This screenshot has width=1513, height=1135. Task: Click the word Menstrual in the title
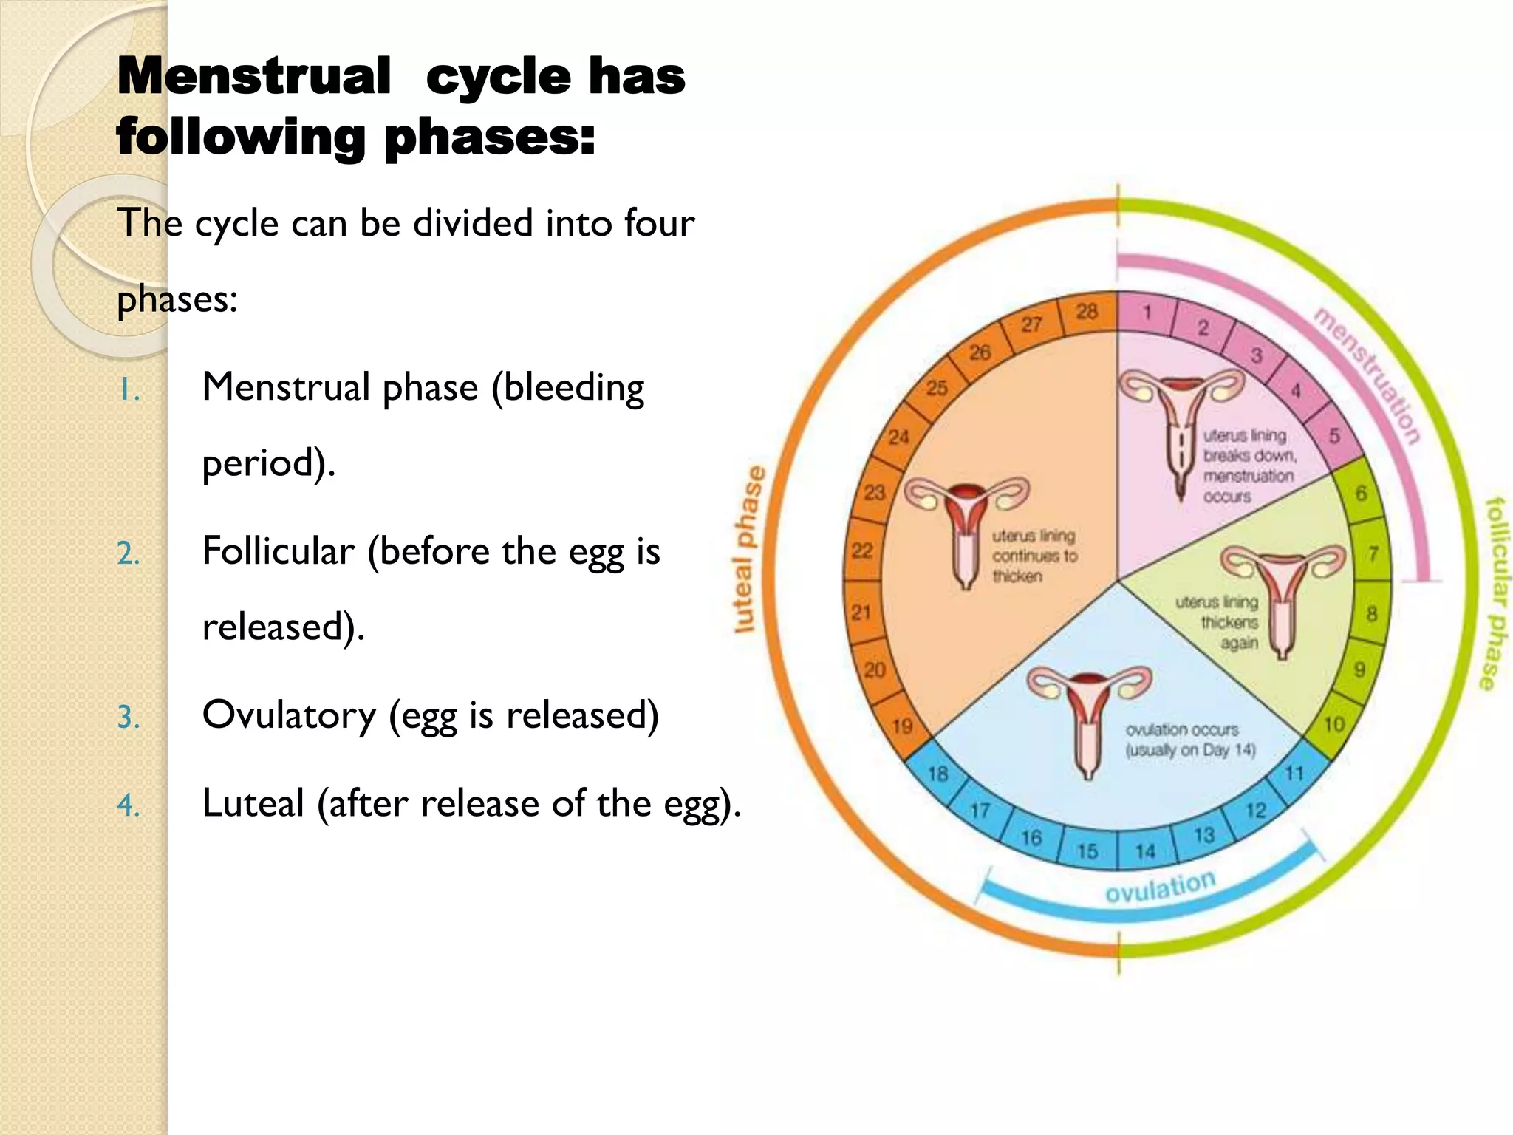[x=253, y=76]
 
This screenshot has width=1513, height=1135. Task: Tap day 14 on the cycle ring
[x=1144, y=852]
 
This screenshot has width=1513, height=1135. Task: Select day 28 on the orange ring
[x=1086, y=312]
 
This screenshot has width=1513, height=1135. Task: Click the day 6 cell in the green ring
[x=1361, y=493]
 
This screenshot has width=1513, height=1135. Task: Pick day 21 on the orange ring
[x=861, y=612]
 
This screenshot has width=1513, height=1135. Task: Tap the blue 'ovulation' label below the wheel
[x=1160, y=886]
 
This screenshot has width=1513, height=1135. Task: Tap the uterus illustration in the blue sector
[x=1089, y=717]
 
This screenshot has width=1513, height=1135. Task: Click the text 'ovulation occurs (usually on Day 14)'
[x=1189, y=740]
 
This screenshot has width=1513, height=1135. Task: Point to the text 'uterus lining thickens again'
[x=1219, y=622]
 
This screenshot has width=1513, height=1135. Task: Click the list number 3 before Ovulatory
[x=128, y=718]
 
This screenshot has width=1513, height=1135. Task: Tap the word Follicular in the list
[x=279, y=551]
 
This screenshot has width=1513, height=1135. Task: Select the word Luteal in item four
[x=253, y=803]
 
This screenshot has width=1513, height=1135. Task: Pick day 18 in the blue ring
[x=937, y=774]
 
